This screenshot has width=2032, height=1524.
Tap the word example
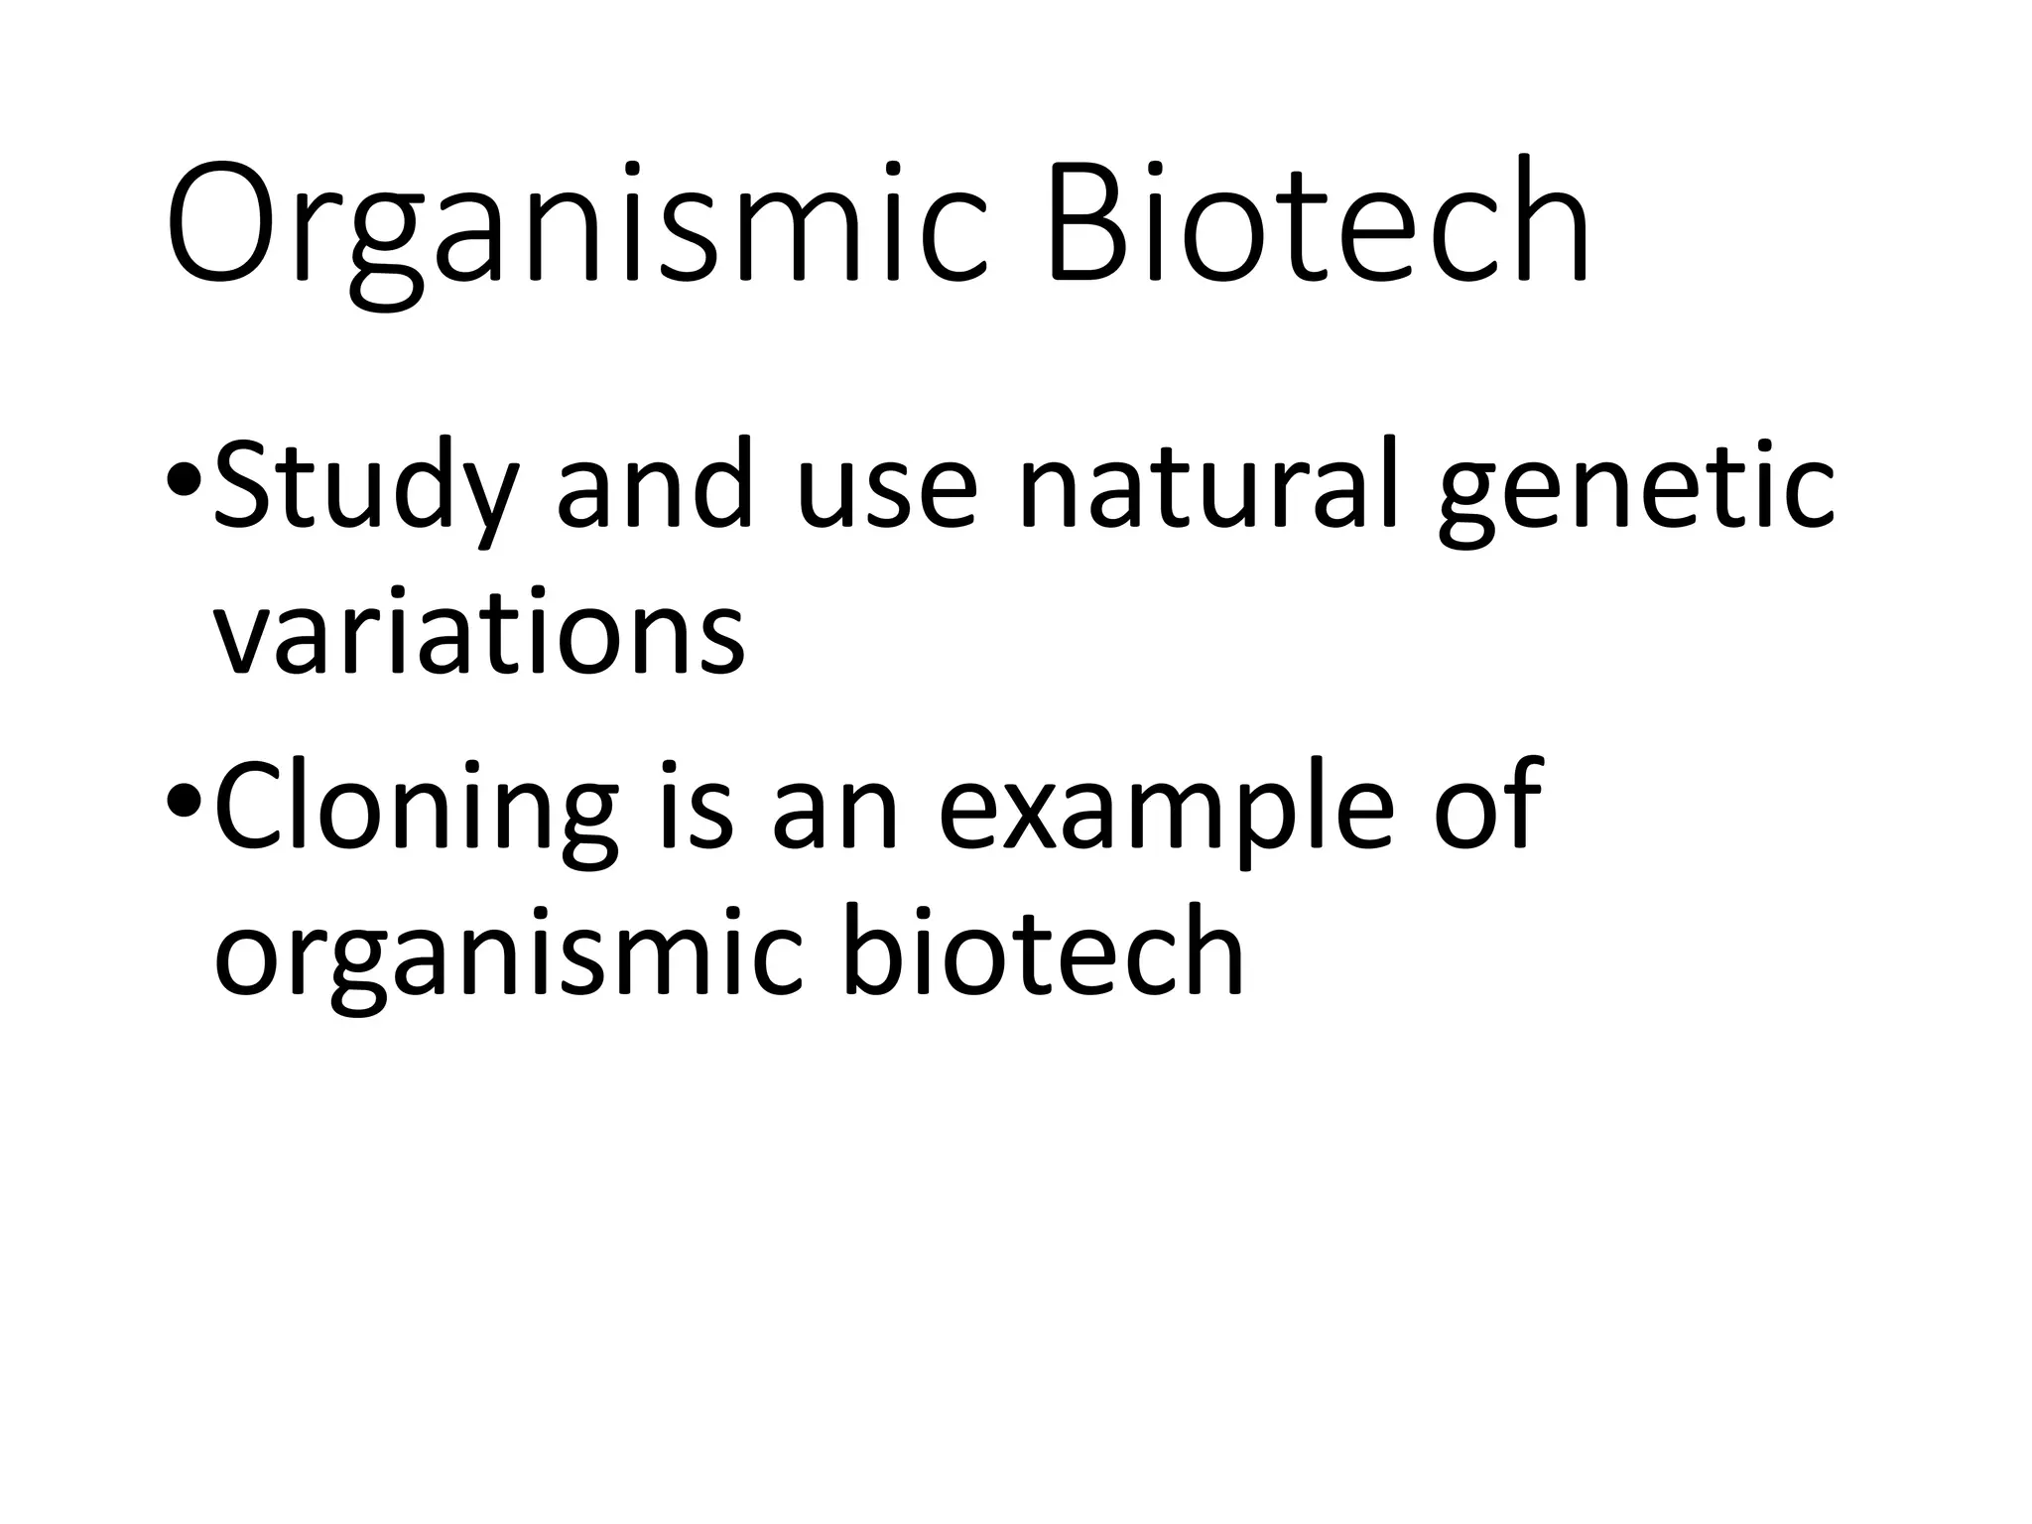tap(1166, 810)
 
